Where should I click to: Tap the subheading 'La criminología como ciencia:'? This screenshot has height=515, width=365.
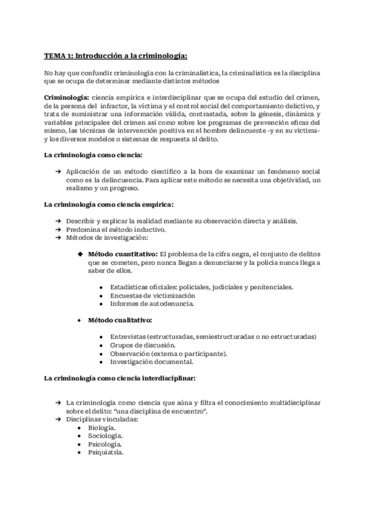pyautogui.click(x=93, y=155)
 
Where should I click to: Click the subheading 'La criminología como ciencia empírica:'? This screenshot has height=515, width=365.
pyautogui.click(x=108, y=205)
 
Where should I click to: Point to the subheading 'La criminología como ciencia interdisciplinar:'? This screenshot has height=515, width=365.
pyautogui.click(x=119, y=378)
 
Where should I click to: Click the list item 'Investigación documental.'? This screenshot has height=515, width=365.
pyautogui.click(x=151, y=362)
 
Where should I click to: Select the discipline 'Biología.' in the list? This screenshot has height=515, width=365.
pyautogui.click(x=102, y=428)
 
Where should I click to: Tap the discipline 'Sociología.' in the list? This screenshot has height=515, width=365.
pyautogui.click(x=105, y=436)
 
